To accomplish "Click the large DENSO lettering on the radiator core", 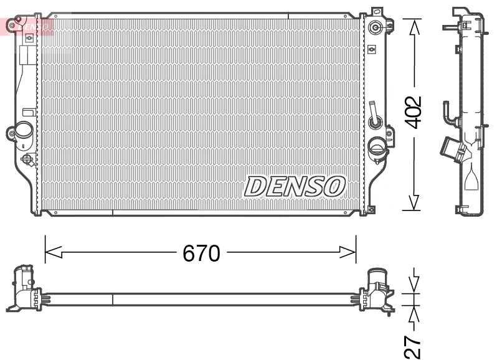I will (295, 186).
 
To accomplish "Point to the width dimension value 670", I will (201, 253).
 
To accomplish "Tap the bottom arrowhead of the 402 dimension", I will (414, 202).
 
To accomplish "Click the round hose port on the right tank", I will (377, 148).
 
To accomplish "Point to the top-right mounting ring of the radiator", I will (376, 27).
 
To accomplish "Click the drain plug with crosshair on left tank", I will (28, 159).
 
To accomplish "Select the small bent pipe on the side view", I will (448, 112).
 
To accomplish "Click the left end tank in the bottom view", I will (25, 288).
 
